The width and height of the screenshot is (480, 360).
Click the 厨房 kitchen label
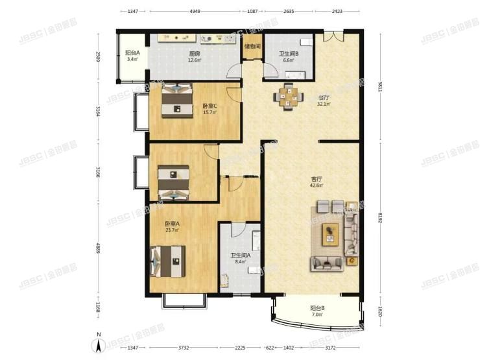[x=193, y=54]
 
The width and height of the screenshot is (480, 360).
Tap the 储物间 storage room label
[x=252, y=46]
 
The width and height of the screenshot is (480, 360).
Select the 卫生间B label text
[x=289, y=54]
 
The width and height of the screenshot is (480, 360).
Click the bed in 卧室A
[x=168, y=263]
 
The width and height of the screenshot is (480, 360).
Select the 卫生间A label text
[x=240, y=256]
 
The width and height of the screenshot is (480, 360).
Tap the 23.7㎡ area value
[x=172, y=230]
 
